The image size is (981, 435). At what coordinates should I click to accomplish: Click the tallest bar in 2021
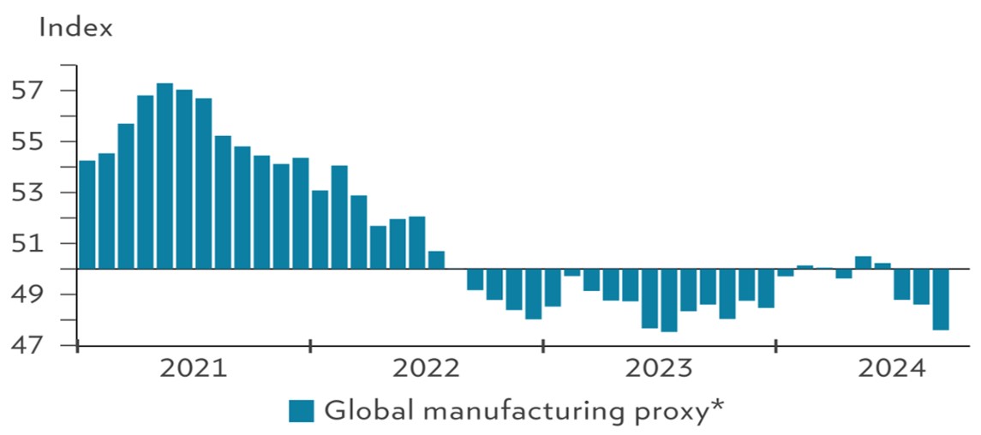(x=164, y=176)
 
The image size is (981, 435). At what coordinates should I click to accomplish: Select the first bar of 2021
(x=87, y=214)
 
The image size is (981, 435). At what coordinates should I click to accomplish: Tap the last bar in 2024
(x=940, y=299)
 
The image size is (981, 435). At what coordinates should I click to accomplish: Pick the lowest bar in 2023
(x=669, y=300)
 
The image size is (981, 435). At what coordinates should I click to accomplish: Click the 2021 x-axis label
(x=194, y=370)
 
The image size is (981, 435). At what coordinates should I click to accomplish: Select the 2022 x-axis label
(x=426, y=370)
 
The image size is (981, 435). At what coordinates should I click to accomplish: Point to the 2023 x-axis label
(x=659, y=370)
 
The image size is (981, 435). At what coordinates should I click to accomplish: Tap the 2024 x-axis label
(x=892, y=370)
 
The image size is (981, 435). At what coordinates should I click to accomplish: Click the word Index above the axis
(x=75, y=27)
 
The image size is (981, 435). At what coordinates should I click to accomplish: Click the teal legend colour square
(x=302, y=411)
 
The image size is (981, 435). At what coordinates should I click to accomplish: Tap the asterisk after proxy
(x=717, y=406)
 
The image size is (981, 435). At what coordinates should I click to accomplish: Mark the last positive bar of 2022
(x=436, y=259)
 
